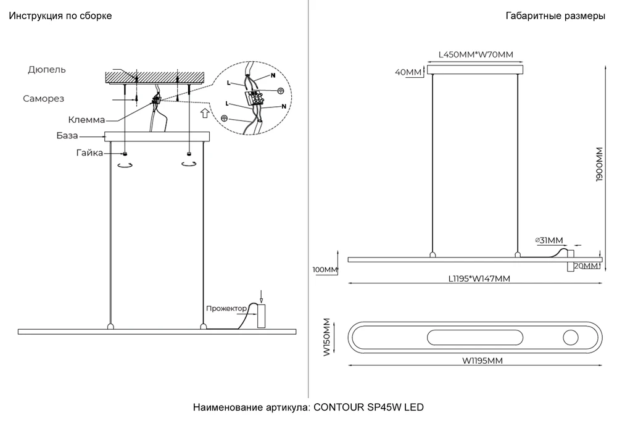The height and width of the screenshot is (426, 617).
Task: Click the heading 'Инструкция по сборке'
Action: tap(60, 16)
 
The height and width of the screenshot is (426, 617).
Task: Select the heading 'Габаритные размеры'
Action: tap(555, 16)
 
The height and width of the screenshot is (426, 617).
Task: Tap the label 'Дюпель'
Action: tap(47, 70)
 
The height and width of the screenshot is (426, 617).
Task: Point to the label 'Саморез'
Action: tap(43, 99)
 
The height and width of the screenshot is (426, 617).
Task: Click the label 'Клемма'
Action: tap(86, 120)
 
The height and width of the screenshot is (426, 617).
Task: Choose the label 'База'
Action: tap(67, 135)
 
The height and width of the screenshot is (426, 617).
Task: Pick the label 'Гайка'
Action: tap(90, 152)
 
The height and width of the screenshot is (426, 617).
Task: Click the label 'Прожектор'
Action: tap(226, 308)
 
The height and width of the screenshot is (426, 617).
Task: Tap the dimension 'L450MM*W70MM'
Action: tap(475, 54)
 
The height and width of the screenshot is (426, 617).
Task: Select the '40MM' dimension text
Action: tap(408, 72)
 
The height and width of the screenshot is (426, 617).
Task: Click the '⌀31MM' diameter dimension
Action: tap(549, 240)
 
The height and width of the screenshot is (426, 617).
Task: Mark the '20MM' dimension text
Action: tap(586, 266)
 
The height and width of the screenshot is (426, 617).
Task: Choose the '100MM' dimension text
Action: tap(326, 270)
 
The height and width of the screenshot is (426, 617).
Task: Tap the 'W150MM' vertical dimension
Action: tap(327, 337)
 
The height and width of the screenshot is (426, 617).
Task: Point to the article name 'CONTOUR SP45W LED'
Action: tap(369, 407)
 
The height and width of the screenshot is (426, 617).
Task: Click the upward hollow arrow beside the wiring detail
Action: tap(204, 114)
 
